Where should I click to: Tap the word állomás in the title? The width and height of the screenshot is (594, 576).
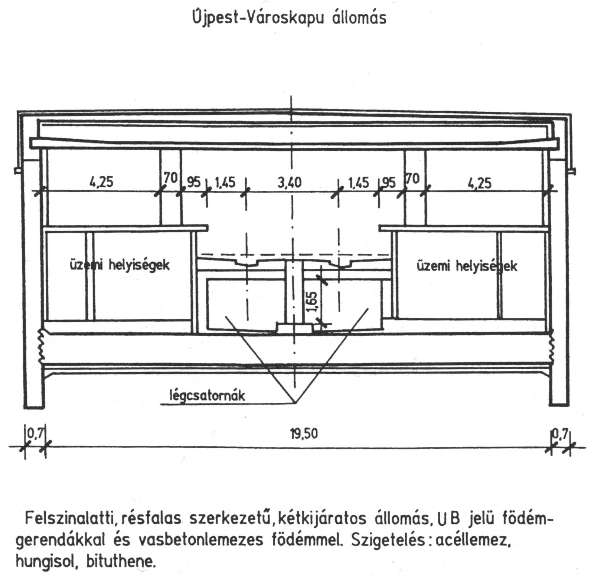[x=359, y=18]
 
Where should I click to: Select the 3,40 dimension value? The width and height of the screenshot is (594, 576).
[x=290, y=183]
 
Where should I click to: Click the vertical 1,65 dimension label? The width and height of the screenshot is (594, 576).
[x=313, y=302]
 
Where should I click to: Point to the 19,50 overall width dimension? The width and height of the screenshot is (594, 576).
[x=304, y=433]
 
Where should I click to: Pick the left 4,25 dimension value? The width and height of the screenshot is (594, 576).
[x=101, y=183]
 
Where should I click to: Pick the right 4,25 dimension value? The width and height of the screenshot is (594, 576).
[x=480, y=183]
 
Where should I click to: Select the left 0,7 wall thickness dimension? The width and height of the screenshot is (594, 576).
[x=35, y=433]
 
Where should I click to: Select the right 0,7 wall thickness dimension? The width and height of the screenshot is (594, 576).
[x=559, y=434]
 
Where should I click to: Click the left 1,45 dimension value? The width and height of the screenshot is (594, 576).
[x=225, y=183]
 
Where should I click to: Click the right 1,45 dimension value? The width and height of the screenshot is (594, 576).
[x=359, y=183]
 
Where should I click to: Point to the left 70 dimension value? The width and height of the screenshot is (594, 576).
[x=171, y=178]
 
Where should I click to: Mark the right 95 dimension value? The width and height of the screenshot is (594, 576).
[x=388, y=183]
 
